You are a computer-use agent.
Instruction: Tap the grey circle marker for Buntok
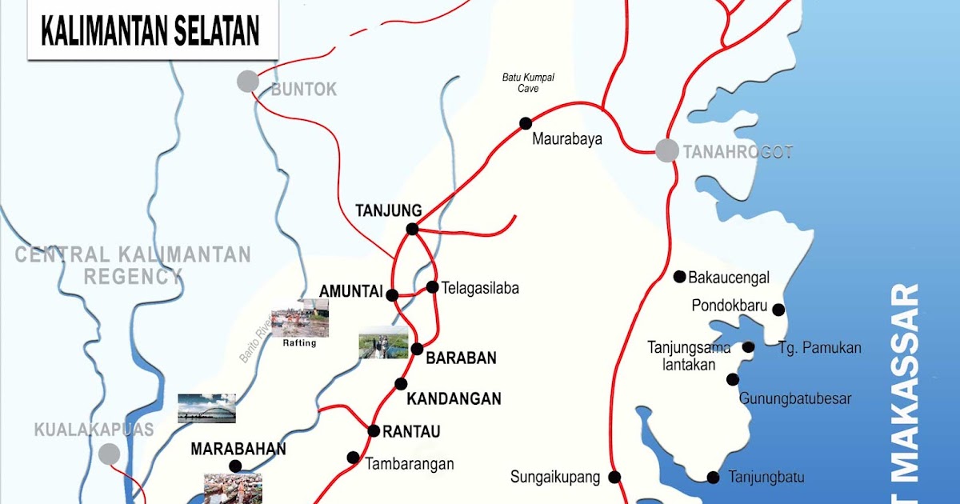tap(248, 81)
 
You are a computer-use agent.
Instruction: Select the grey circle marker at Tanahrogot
tap(666, 150)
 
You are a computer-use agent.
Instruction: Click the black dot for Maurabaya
tap(526, 122)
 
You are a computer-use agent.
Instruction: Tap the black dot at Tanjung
tap(412, 229)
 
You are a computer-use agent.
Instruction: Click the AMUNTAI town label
tap(350, 290)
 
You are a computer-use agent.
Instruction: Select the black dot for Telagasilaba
tap(432, 286)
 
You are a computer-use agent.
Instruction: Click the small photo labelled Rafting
tap(299, 323)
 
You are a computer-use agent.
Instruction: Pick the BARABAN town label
tap(461, 359)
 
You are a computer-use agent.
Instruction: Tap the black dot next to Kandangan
tap(402, 384)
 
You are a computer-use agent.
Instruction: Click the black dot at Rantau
tap(374, 430)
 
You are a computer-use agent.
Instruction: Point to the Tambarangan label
tap(410, 463)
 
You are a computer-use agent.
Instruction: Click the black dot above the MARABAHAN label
tap(235, 466)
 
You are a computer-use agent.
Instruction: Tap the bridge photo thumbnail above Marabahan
tap(206, 408)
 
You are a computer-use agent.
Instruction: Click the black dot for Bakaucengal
tap(679, 277)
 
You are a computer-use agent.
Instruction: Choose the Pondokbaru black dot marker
tap(778, 310)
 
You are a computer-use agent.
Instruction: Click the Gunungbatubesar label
tap(795, 398)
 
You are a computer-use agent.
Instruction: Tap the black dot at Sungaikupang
tap(614, 477)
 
